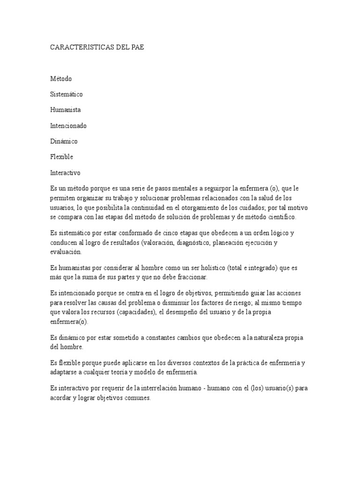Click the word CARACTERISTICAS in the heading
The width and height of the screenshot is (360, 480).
(78, 48)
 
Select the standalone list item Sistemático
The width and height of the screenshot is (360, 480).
(67, 94)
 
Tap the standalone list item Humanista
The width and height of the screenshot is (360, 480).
(66, 110)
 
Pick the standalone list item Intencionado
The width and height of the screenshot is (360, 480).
(68, 126)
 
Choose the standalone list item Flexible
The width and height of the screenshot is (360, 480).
(62, 157)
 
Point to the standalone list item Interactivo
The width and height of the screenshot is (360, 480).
(66, 172)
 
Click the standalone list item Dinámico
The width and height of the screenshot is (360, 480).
(64, 141)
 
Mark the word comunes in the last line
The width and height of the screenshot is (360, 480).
(136, 398)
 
